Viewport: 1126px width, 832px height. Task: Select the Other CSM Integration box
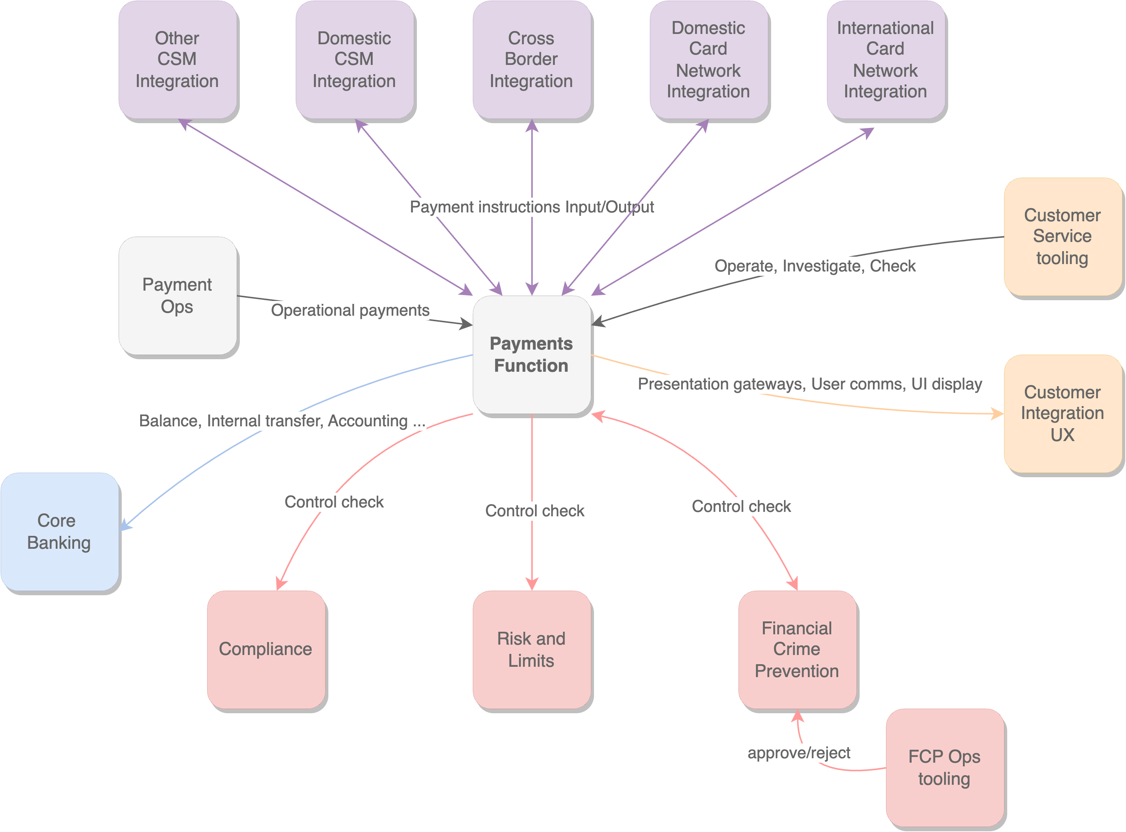pos(177,59)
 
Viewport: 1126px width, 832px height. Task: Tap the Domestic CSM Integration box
pos(354,59)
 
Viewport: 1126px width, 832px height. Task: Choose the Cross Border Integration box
pos(532,59)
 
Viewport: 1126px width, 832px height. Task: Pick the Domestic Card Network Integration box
pos(708,59)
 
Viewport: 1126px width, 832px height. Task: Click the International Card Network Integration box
pos(886,59)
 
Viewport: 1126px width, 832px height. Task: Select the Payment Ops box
pos(177,296)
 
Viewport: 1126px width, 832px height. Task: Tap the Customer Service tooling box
pos(1063,237)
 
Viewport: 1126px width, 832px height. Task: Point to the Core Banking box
pos(59,531)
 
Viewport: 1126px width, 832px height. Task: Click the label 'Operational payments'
pos(350,310)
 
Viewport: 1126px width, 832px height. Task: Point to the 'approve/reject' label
pos(798,753)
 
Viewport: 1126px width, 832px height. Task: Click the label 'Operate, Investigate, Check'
pos(815,266)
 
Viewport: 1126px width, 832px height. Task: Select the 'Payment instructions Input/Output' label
pos(532,207)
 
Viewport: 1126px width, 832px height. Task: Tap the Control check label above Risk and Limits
pos(535,511)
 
